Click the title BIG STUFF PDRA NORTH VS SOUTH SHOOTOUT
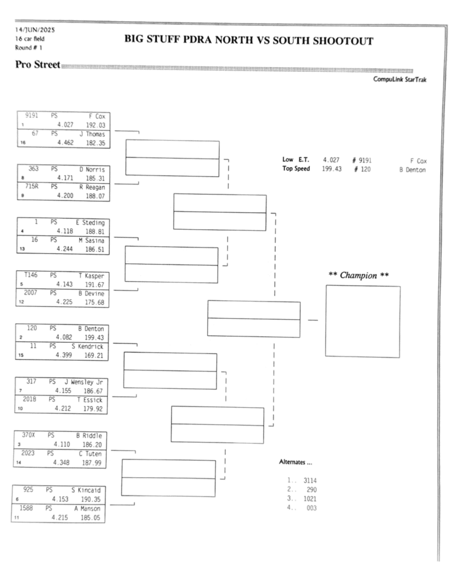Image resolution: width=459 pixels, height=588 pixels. click(249, 41)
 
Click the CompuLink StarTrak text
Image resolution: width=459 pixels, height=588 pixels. click(399, 80)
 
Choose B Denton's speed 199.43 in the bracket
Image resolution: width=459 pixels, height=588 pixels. click(94, 338)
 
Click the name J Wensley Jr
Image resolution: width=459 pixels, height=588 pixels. click(86, 382)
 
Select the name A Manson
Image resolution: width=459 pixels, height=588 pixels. click(87, 509)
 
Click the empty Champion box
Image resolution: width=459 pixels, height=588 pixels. click(362, 321)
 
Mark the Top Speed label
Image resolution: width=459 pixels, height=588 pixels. click(296, 169)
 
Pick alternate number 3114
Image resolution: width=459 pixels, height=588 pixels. click(310, 480)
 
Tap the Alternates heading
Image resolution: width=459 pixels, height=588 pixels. click(295, 462)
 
